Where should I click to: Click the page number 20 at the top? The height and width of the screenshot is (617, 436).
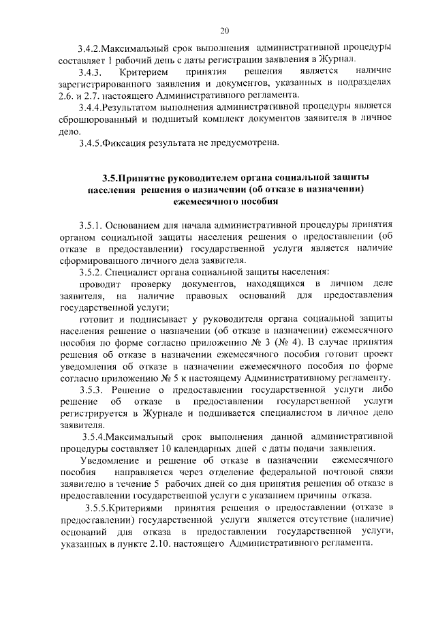(x=225, y=31)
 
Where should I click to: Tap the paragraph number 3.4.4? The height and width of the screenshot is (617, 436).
(x=91, y=106)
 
